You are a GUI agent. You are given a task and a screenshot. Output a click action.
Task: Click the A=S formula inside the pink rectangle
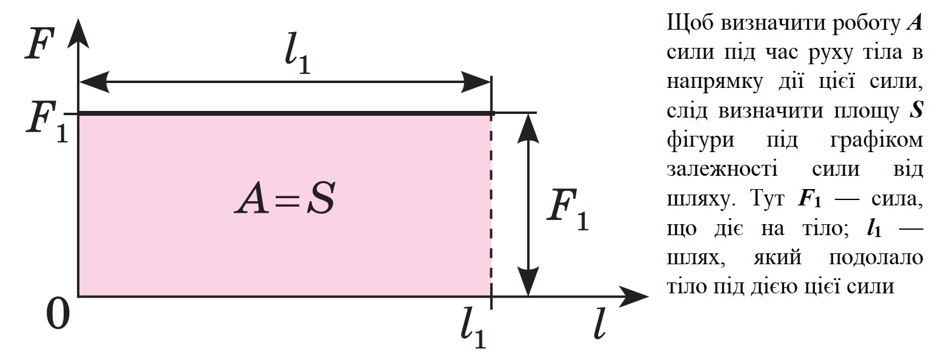click(x=284, y=201)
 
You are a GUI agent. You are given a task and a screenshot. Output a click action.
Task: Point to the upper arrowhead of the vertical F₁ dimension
click(x=530, y=124)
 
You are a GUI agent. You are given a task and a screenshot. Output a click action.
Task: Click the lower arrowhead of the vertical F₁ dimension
click(x=530, y=285)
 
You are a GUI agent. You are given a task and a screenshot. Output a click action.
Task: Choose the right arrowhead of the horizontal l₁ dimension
click(x=476, y=81)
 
